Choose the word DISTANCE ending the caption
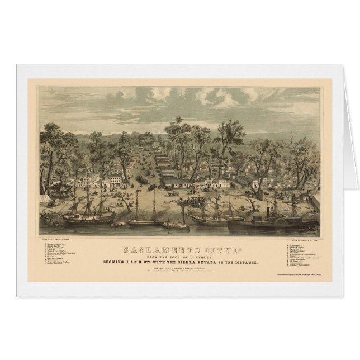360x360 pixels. [246, 262]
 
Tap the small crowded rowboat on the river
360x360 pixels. [176, 226]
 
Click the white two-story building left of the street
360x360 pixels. [115, 181]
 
